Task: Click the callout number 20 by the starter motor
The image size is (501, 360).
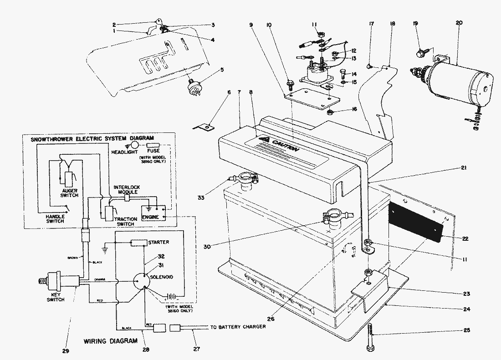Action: point(458,22)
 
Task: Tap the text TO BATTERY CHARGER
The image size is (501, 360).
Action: point(238,327)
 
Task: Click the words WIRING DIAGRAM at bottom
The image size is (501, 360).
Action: point(110,340)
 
